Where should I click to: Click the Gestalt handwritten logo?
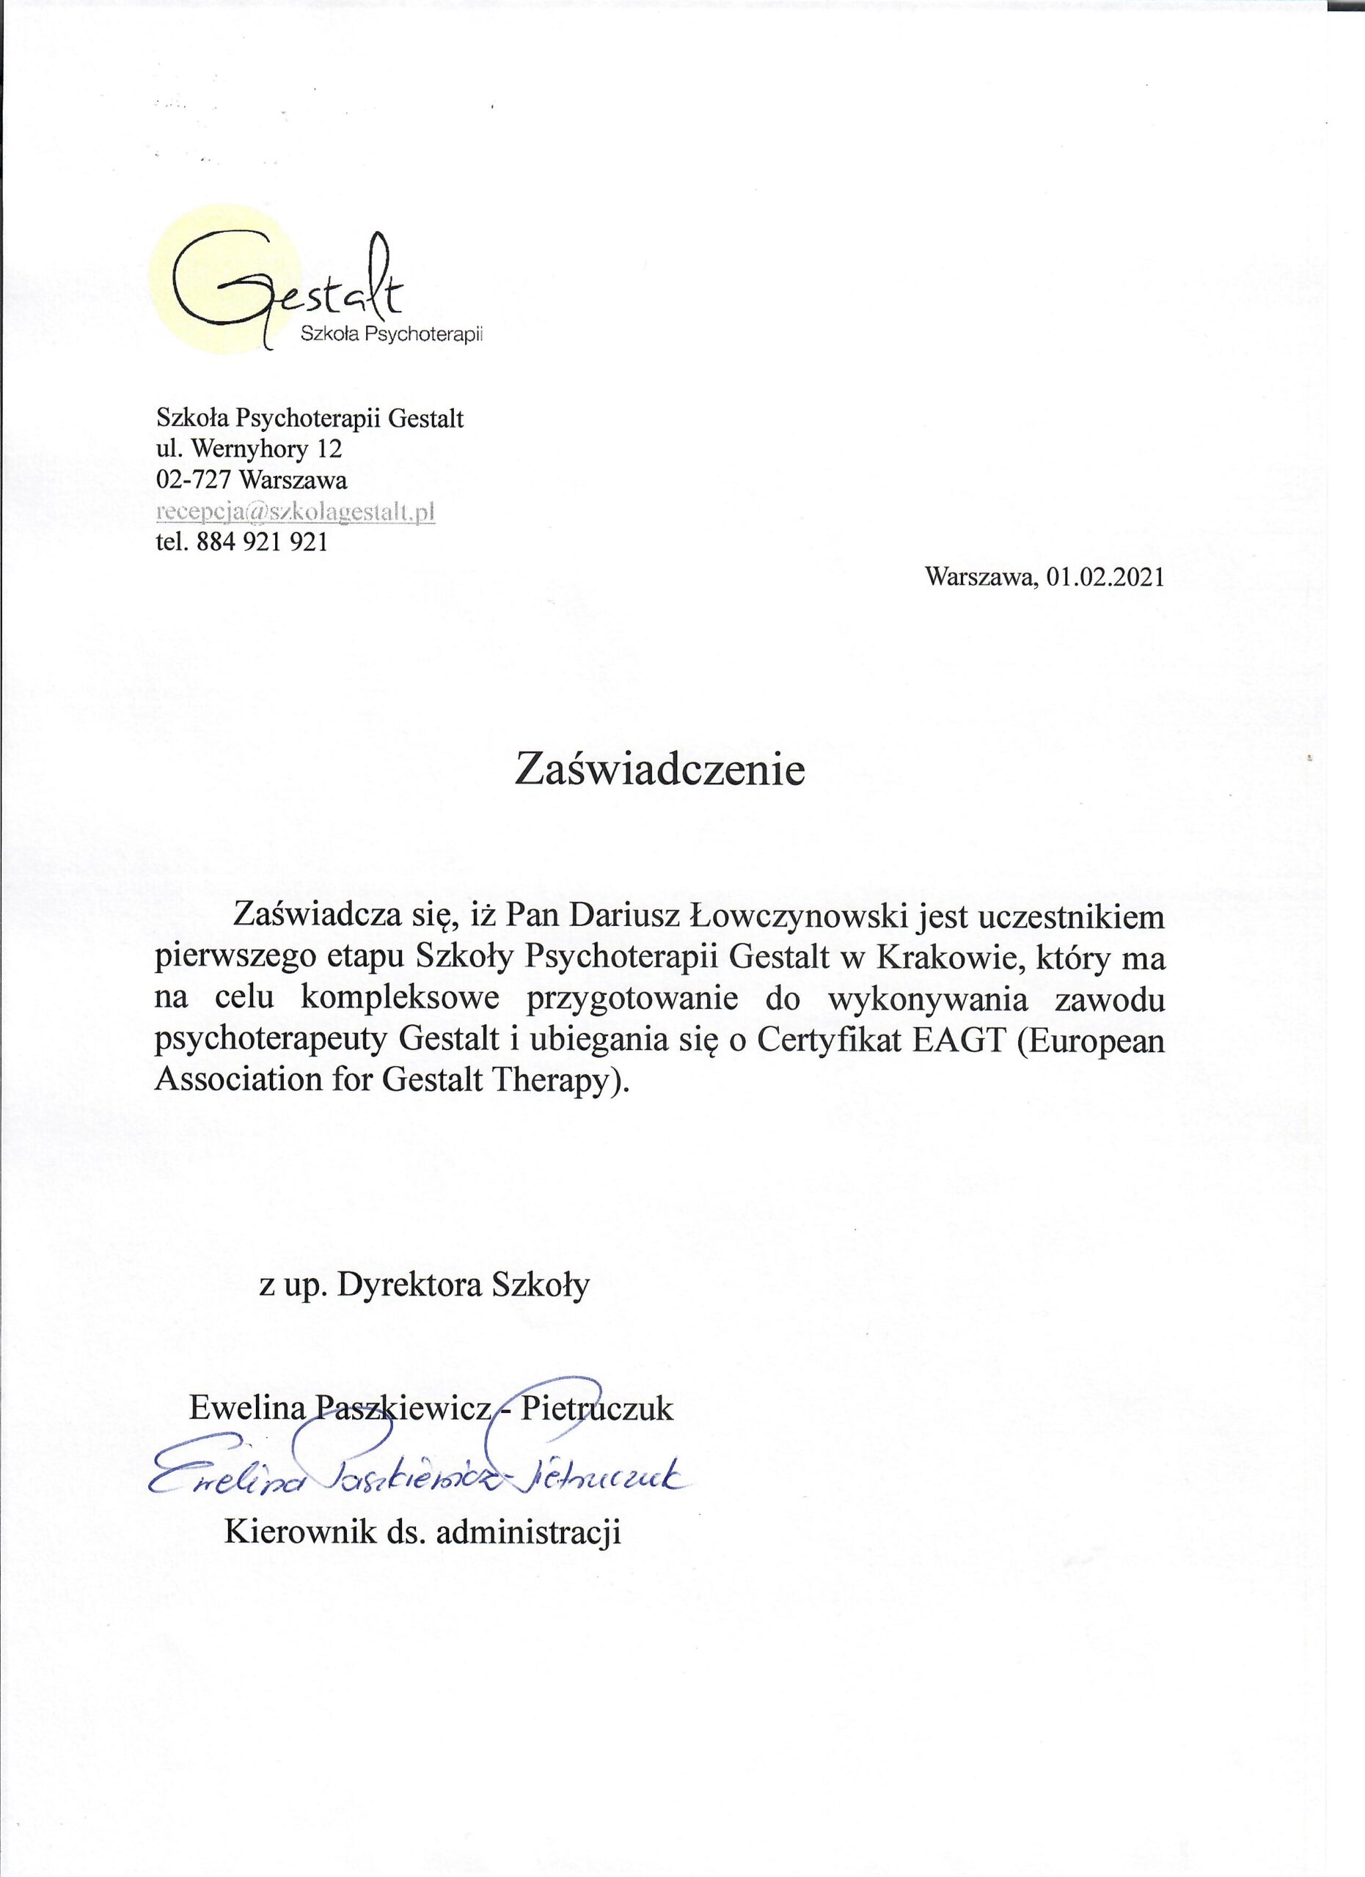click(290, 285)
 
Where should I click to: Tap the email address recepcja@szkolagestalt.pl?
click(296, 513)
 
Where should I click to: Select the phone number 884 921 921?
click(263, 543)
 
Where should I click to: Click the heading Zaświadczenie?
click(659, 769)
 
